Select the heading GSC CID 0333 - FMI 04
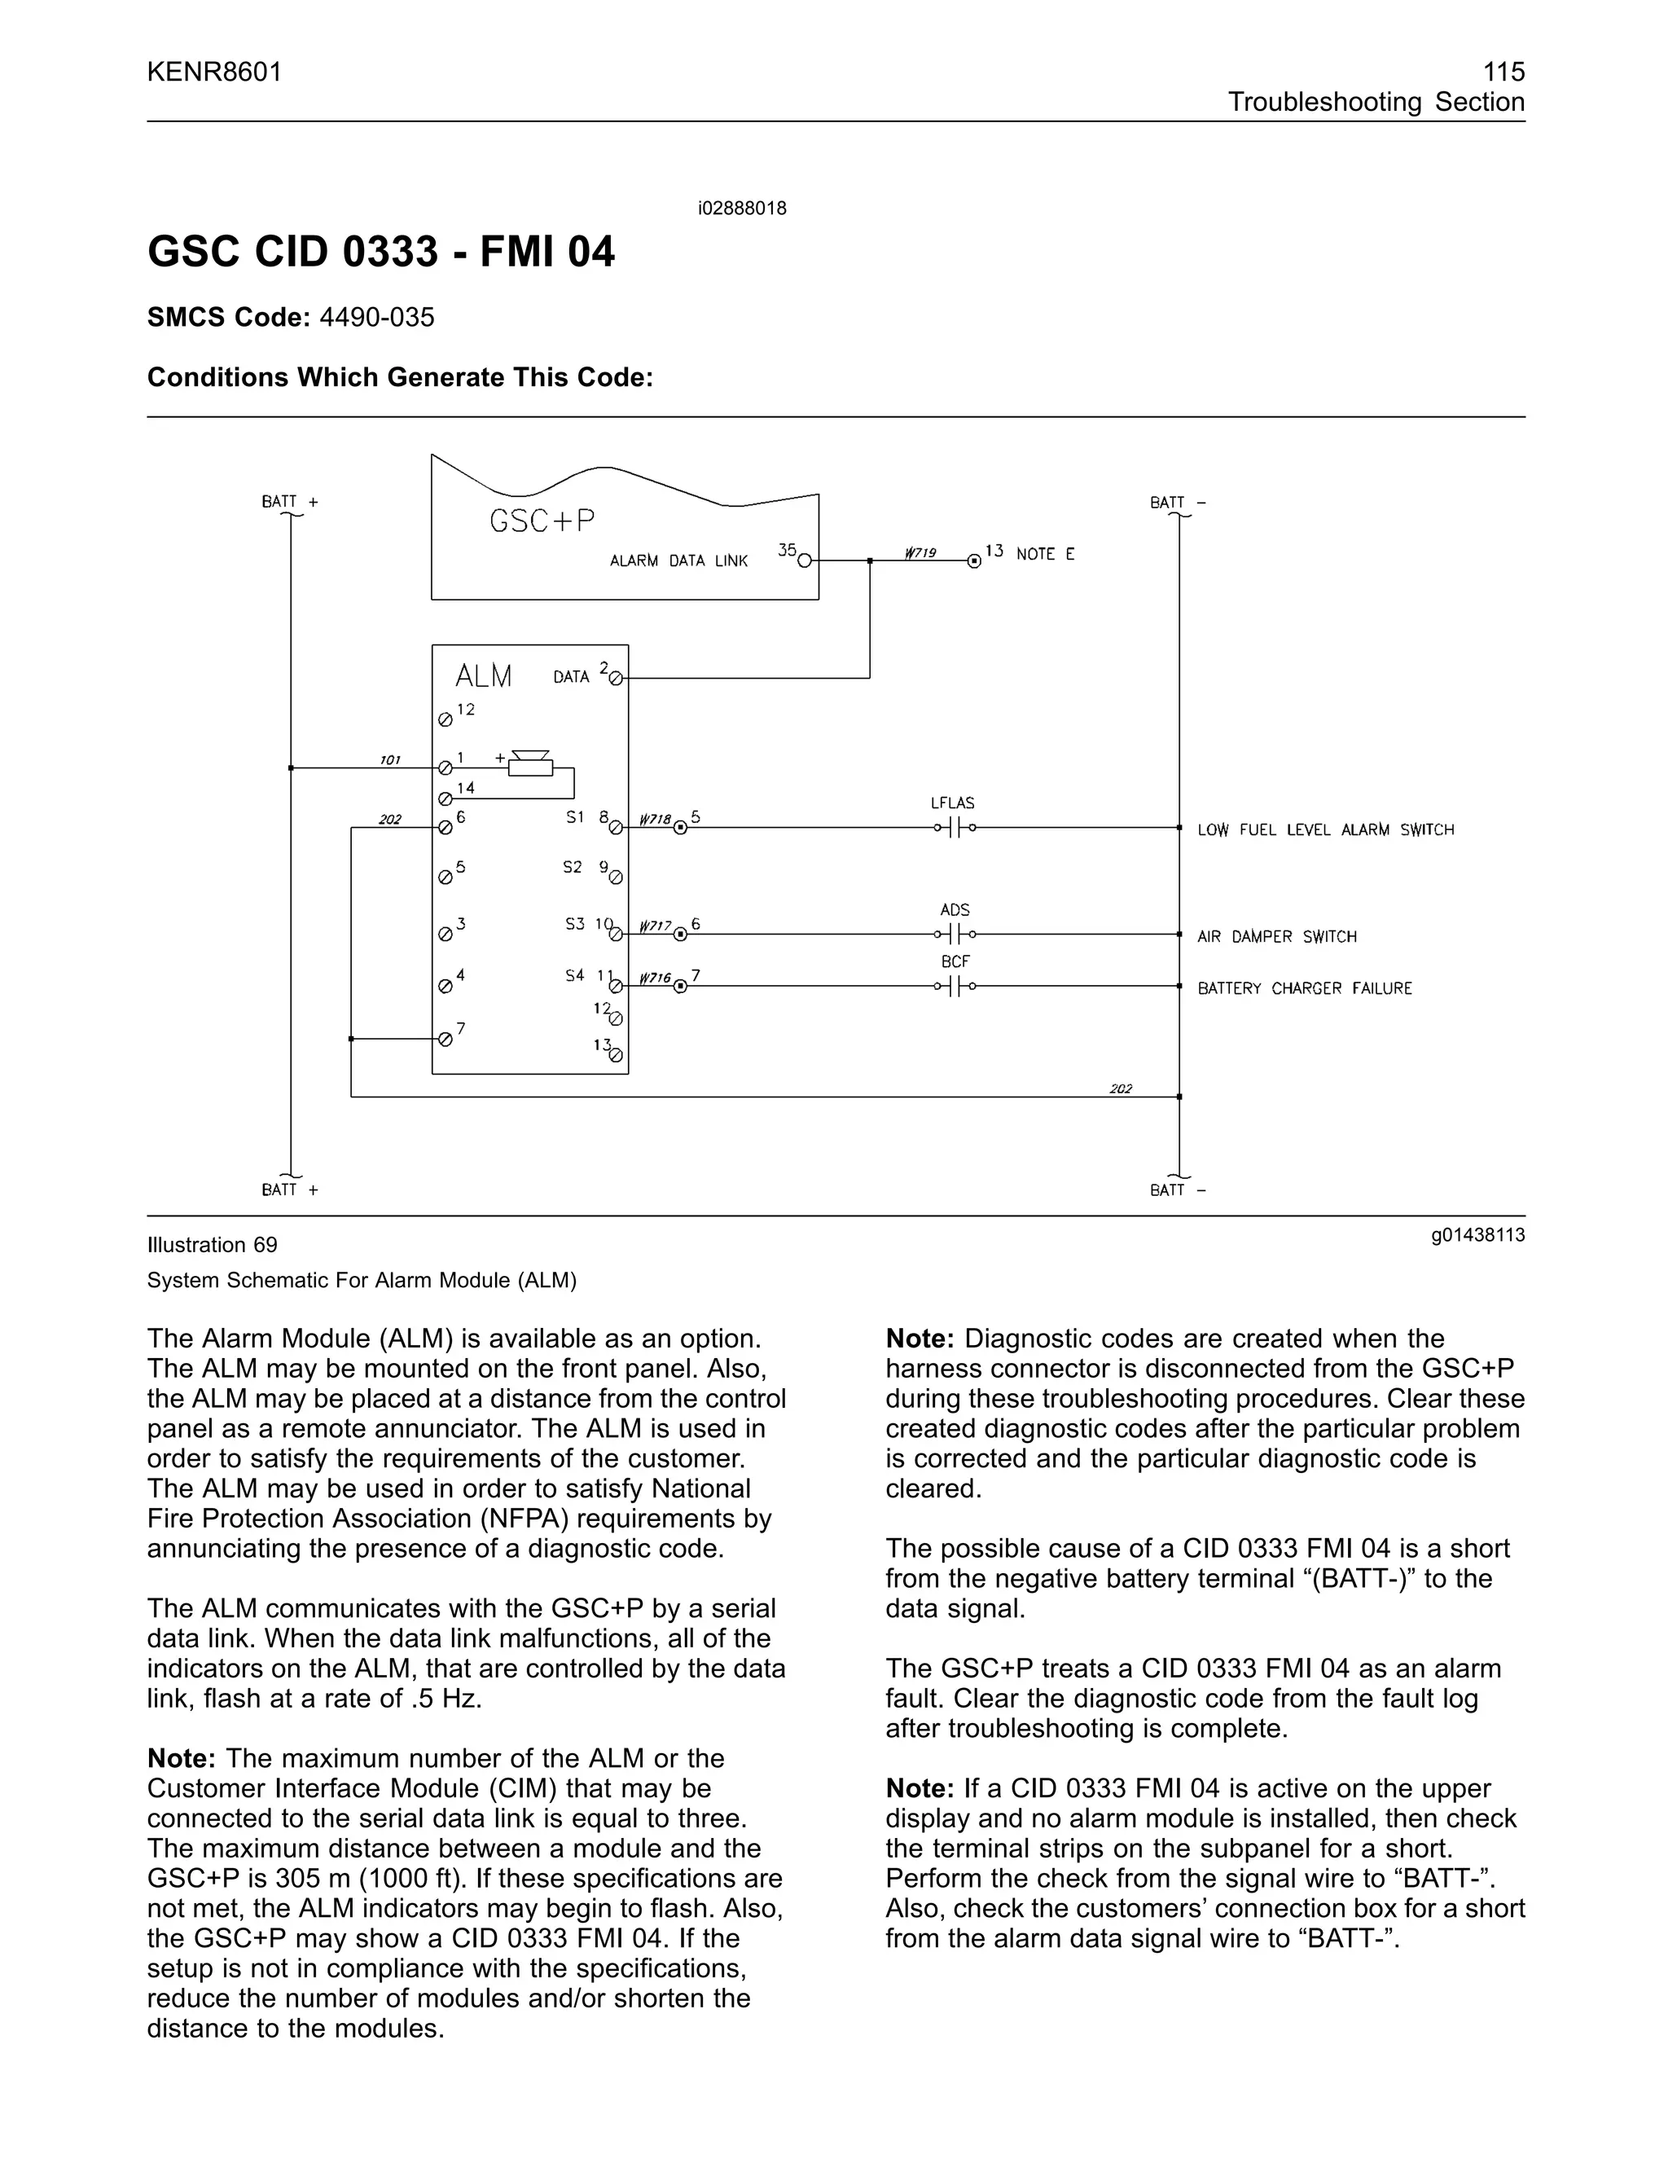pyautogui.click(x=380, y=251)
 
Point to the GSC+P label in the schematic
pyautogui.click(x=542, y=521)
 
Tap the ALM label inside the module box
pyautogui.click(x=483, y=676)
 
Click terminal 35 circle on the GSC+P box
pyautogui.click(x=805, y=561)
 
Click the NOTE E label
pyautogui.click(x=1044, y=555)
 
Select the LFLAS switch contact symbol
pyautogui.click(x=955, y=828)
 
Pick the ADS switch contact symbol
pyautogui.click(x=955, y=933)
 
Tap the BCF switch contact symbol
pyautogui.click(x=955, y=986)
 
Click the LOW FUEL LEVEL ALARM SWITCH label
pyautogui.click(x=1325, y=830)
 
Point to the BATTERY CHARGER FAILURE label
pyautogui.click(x=1305, y=988)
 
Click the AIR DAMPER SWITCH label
pyautogui.click(x=1277, y=937)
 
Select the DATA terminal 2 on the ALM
pyautogui.click(x=617, y=678)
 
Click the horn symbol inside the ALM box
pyautogui.click(x=531, y=765)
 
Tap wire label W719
pyautogui.click(x=920, y=552)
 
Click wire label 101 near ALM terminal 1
pyautogui.click(x=390, y=760)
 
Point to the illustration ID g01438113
pyautogui.click(x=1477, y=1234)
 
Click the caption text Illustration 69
pyautogui.click(x=213, y=1245)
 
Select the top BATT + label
pyautogui.click(x=289, y=502)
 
